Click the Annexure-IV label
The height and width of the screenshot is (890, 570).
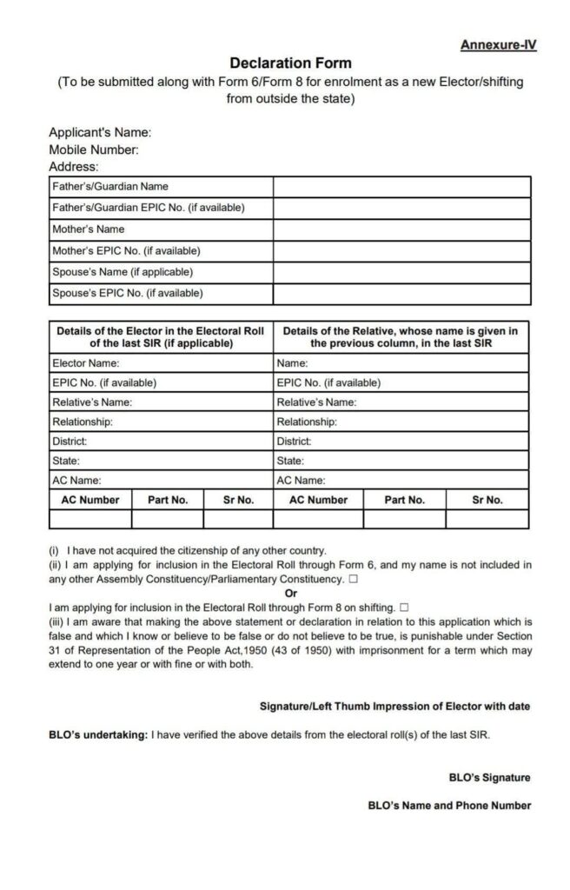(498, 45)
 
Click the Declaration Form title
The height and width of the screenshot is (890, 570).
(290, 63)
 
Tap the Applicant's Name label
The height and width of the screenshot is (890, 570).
(100, 133)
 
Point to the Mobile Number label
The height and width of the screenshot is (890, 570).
(94, 149)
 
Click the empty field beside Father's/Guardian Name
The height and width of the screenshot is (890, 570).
(401, 187)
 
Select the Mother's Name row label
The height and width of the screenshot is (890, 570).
(88, 229)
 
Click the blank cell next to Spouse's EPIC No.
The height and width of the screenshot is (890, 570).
(401, 294)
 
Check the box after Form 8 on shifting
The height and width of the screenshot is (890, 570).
(405, 607)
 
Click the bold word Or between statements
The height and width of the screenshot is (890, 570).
(290, 593)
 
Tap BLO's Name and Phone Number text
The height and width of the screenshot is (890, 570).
(449, 806)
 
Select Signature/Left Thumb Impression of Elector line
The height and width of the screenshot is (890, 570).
(394, 706)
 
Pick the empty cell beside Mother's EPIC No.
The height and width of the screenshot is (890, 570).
(401, 251)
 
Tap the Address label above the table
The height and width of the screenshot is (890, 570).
(74, 166)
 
